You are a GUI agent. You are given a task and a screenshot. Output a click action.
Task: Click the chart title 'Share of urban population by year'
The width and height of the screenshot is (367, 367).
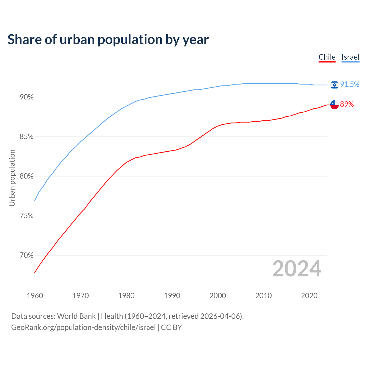108,40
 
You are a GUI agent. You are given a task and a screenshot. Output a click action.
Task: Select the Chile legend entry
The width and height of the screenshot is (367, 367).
327,57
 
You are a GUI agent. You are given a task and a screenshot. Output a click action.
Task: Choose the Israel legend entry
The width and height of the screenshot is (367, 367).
350,57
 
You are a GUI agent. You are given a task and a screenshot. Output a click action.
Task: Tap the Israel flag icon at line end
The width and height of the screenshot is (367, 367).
334,85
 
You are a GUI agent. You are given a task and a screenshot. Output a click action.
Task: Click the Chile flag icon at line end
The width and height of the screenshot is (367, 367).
334,105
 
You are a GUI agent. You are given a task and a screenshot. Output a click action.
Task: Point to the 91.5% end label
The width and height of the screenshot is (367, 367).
350,85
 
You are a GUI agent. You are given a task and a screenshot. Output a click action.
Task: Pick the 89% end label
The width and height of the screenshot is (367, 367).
347,104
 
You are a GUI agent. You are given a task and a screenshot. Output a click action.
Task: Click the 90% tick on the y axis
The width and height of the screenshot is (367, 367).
27,97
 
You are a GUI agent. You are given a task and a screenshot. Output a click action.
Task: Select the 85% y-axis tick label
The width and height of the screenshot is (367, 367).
27,137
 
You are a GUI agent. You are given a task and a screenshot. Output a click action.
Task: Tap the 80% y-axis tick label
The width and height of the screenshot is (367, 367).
27,176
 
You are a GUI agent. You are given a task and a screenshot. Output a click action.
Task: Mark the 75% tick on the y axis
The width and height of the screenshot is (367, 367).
27,216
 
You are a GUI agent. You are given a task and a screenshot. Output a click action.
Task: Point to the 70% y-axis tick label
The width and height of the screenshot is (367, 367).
27,255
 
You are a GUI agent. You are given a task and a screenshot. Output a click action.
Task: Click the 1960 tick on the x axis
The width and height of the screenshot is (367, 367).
35,296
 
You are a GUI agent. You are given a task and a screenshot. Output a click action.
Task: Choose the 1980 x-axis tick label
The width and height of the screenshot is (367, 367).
126,296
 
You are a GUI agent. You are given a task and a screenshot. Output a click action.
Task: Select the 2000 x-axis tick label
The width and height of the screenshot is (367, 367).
218,296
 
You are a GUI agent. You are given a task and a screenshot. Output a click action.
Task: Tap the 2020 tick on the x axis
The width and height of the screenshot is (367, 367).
309,296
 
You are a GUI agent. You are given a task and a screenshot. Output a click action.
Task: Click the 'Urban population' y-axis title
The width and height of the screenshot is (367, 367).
12,178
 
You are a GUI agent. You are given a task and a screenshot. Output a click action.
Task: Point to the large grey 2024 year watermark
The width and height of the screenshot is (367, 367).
297,269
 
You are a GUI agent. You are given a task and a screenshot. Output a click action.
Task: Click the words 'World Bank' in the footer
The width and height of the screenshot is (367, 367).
76,316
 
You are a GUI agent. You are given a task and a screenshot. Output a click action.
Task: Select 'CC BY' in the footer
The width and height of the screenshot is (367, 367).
171,327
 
